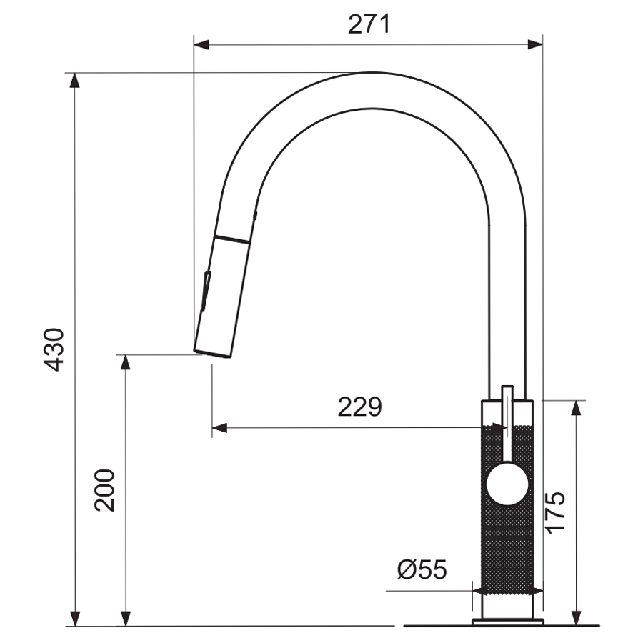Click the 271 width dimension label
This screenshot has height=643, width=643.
[x=369, y=24]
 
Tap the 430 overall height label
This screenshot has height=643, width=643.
[x=54, y=349]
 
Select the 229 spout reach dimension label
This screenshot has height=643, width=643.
[x=359, y=407]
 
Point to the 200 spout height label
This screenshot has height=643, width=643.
[x=104, y=490]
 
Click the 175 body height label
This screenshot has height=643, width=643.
[x=555, y=512]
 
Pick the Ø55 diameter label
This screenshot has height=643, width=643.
[x=422, y=569]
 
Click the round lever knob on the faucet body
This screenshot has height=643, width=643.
[x=507, y=484]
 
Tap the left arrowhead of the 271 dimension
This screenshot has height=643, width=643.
[x=201, y=45]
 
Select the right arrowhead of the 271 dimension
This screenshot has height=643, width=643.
[x=535, y=45]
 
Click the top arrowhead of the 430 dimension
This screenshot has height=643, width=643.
[x=74, y=80]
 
